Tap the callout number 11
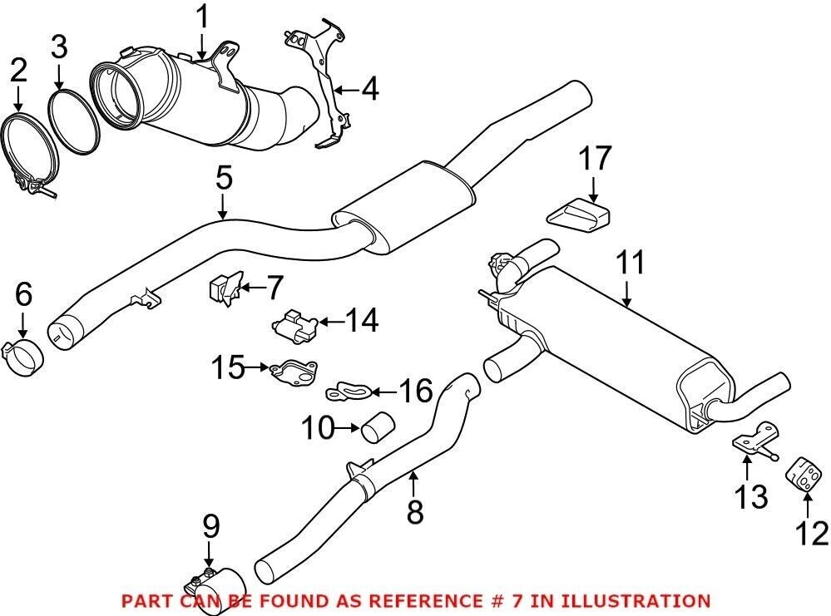[630, 264]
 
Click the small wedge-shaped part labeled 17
[578, 214]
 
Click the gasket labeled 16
[351, 388]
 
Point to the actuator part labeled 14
[294, 323]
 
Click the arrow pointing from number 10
[346, 430]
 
